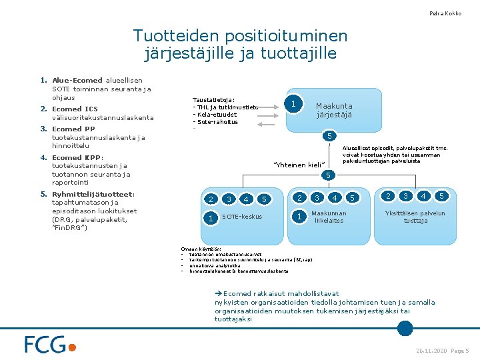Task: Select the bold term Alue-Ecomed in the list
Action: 77,81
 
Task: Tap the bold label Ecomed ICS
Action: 75,109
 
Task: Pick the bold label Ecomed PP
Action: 73,129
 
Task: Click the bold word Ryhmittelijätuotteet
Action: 93,195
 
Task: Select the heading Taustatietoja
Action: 213,100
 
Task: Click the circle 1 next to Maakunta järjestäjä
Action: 292,103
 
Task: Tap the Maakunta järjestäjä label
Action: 334,110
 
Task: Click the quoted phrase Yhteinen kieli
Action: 299,165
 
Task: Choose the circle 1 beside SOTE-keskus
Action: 211,217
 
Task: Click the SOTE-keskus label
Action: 242,217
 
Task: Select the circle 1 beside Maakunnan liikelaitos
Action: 301,216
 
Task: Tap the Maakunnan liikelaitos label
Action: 329,217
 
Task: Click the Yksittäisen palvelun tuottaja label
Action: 415,217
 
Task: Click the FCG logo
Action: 51,344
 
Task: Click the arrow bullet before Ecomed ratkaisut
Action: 218,293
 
